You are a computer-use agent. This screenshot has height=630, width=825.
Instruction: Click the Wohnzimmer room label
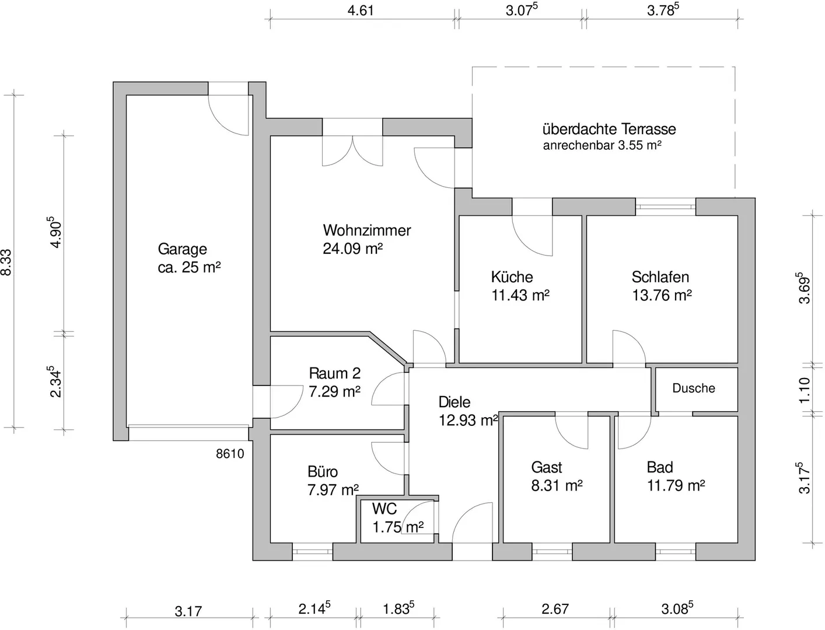(x=366, y=230)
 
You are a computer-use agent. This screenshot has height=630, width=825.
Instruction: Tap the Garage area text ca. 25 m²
(x=189, y=268)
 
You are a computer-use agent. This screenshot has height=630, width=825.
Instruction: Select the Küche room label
(x=512, y=277)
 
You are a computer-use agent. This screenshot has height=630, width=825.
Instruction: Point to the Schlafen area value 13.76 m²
(x=662, y=296)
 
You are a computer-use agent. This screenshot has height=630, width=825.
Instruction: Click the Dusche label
(x=693, y=388)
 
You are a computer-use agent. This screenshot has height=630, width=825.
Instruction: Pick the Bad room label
(x=659, y=467)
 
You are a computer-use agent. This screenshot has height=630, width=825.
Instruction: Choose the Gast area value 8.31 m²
(x=557, y=485)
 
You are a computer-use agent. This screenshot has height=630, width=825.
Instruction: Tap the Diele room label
(x=454, y=402)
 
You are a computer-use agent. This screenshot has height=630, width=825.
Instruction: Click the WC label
(x=384, y=509)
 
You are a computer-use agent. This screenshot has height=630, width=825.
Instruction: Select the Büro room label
(x=322, y=471)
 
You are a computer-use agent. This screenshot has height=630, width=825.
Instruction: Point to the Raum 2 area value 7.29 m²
(x=334, y=391)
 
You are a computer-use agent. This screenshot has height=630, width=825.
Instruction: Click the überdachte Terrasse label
(x=609, y=129)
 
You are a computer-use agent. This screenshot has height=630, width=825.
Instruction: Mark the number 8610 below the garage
(x=230, y=454)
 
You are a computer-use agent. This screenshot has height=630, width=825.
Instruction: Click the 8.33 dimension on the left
(x=6, y=262)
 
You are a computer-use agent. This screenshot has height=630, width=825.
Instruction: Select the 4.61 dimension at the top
(x=360, y=10)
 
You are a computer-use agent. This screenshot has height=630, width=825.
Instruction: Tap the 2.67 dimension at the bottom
(x=554, y=610)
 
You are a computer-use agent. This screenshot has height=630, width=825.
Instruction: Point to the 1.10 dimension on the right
(x=805, y=390)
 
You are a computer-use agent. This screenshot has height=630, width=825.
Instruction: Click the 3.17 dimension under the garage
(x=188, y=611)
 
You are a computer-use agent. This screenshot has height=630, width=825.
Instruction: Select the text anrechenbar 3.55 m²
(x=602, y=146)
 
